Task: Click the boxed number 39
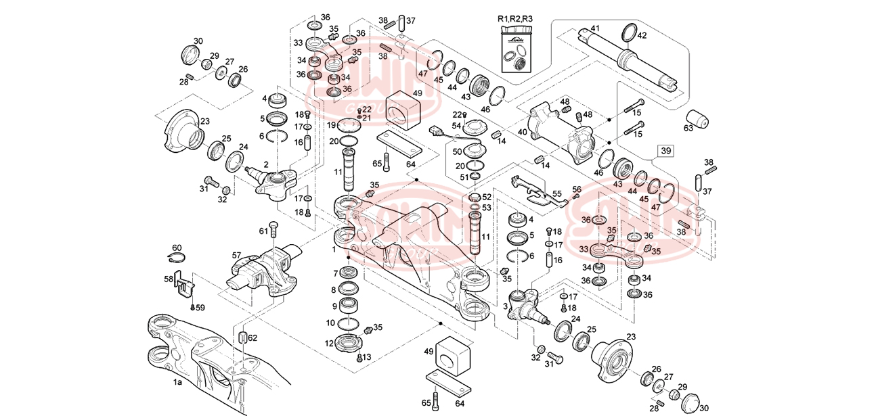666,151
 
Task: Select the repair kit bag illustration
516,51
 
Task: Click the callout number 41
595,28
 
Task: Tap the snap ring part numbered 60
176,258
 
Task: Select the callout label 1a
177,383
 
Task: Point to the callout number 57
237,256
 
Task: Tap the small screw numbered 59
193,308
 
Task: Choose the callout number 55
557,193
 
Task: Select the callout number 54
456,126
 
